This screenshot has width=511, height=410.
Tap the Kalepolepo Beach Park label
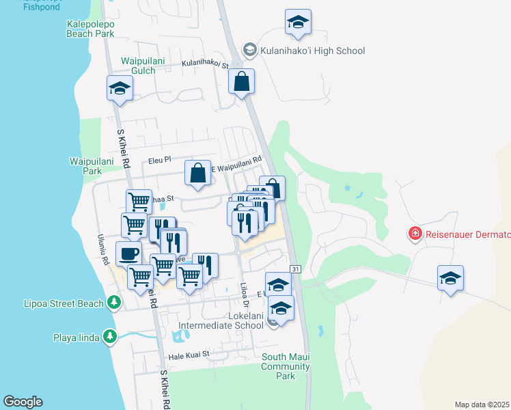pos(91,28)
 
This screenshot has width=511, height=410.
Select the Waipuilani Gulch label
pos(143,66)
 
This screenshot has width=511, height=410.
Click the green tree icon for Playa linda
pos(109,336)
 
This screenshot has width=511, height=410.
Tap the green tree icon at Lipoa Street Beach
pos(113,302)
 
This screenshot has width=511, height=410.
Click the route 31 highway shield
pos(295,271)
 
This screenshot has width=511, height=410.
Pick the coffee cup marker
pos(129,254)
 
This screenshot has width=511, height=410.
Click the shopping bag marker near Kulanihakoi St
pos(242,82)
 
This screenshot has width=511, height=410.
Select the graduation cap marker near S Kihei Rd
pos(120,89)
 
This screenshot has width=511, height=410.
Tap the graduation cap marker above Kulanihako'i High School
pos(298,23)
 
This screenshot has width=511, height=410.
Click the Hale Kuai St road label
pos(188,356)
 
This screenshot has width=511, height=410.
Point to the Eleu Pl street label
pos(158,161)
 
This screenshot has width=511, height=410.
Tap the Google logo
pos(23,402)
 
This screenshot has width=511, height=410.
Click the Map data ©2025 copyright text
pos(482,405)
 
